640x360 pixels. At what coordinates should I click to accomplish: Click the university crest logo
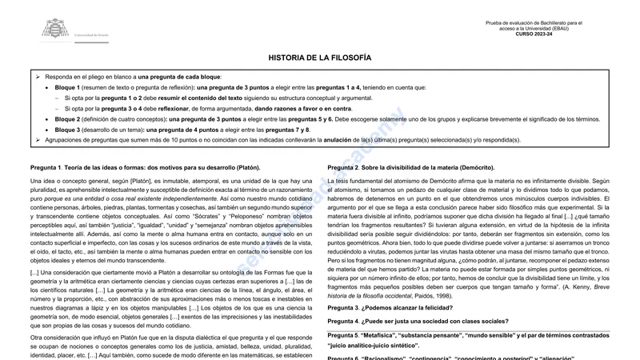[x=55, y=29]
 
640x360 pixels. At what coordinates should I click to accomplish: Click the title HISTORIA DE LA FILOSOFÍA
[x=319, y=58]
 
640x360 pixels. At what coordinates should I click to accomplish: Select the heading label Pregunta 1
[x=45, y=168]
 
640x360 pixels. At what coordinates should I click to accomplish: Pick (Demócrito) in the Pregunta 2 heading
[x=475, y=168]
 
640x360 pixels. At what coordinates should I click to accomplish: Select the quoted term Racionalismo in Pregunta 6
[x=392, y=357]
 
